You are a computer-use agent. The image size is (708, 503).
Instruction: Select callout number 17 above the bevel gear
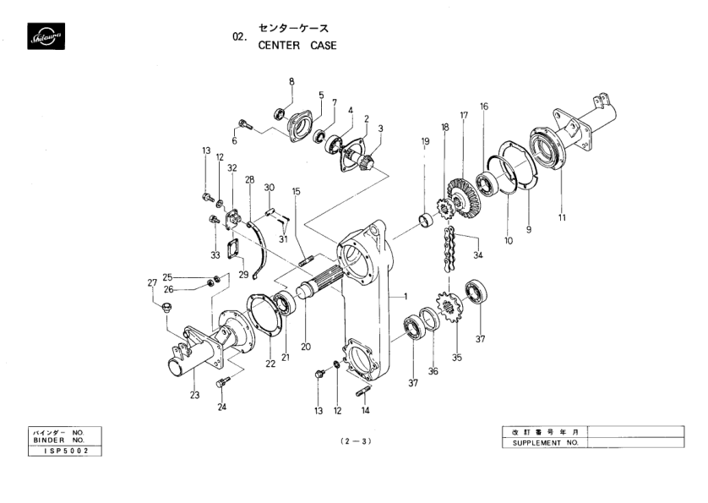coord(464,115)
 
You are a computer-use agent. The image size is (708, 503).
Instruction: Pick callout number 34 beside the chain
coord(478,254)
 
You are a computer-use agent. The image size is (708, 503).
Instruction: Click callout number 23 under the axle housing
coord(195,394)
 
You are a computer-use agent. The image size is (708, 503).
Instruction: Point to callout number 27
coord(152,283)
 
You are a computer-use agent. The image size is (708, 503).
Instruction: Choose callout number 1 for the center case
coord(406,297)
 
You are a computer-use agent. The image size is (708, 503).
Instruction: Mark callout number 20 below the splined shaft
coord(306,346)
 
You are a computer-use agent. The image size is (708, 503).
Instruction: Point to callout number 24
coord(223,407)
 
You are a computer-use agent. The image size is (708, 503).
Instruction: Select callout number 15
coord(297,192)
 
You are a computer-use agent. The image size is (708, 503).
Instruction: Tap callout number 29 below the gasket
coord(243,275)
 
